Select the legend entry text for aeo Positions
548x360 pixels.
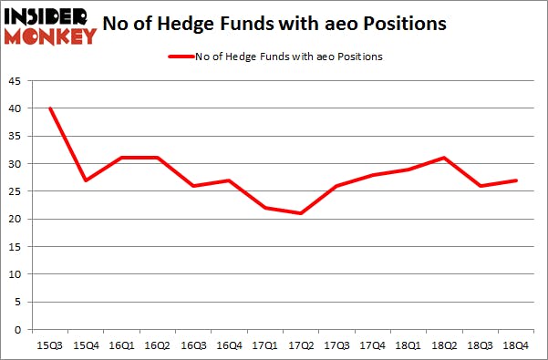click(289, 57)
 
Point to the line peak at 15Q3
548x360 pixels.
click(50, 108)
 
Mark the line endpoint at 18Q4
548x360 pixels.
click(516, 180)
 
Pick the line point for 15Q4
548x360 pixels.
click(85, 180)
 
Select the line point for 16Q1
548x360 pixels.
click(120, 158)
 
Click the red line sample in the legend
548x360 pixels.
click(180, 57)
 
